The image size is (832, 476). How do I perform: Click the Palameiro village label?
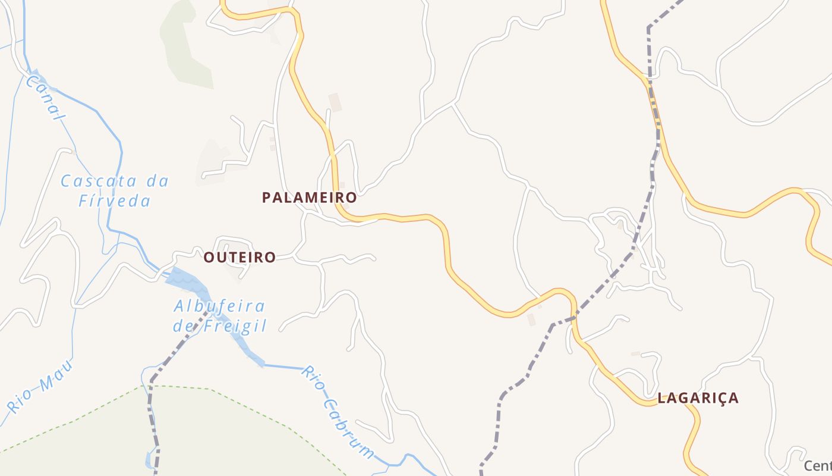[x=310, y=197]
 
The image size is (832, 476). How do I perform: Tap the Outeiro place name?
[x=239, y=257]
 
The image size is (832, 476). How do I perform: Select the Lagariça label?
[x=698, y=398]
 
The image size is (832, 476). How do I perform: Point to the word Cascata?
[x=99, y=181]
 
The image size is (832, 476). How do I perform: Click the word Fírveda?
[x=115, y=201]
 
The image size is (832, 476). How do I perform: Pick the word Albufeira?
[x=219, y=306]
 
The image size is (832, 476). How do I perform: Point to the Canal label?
[x=44, y=98]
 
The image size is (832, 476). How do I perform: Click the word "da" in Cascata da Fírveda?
[x=156, y=181]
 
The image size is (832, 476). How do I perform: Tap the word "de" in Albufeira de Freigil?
[x=183, y=326]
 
